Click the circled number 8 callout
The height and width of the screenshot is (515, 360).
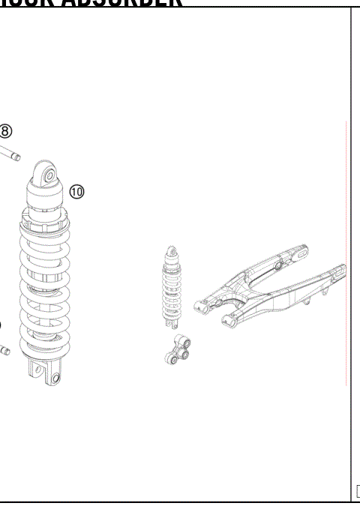pyautogui.click(x=5, y=131)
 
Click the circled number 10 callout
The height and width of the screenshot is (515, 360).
pyautogui.click(x=76, y=192)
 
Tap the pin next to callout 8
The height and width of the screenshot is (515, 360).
pyautogui.click(x=10, y=153)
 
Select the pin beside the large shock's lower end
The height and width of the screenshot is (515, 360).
pyautogui.click(x=4, y=349)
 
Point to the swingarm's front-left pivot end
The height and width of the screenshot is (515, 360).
pyautogui.click(x=202, y=303)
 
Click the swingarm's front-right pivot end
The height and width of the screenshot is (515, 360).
pyautogui.click(x=226, y=323)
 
